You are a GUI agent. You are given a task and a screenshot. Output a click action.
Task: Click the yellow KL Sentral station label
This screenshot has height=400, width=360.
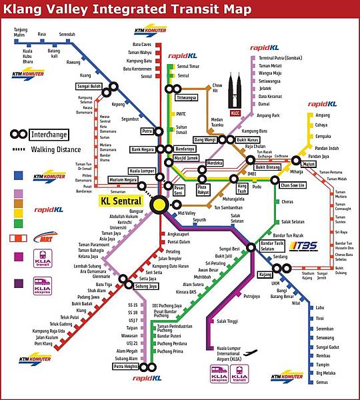[x=121, y=201]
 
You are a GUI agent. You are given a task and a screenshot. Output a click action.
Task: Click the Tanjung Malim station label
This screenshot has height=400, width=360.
[x=19, y=31]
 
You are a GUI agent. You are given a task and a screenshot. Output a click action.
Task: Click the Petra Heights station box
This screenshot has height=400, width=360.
[x=125, y=367]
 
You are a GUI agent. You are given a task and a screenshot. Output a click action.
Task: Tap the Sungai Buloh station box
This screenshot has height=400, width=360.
[x=89, y=86]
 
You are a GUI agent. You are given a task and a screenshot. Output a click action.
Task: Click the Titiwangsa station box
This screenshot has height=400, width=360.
[x=187, y=97]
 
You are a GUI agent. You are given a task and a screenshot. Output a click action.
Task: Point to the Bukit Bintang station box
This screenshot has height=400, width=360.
[x=267, y=167]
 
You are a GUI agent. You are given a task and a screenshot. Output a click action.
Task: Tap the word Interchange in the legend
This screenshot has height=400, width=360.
[x=49, y=134]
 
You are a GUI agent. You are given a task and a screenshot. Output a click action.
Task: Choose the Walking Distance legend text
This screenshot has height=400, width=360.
[x=57, y=149]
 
